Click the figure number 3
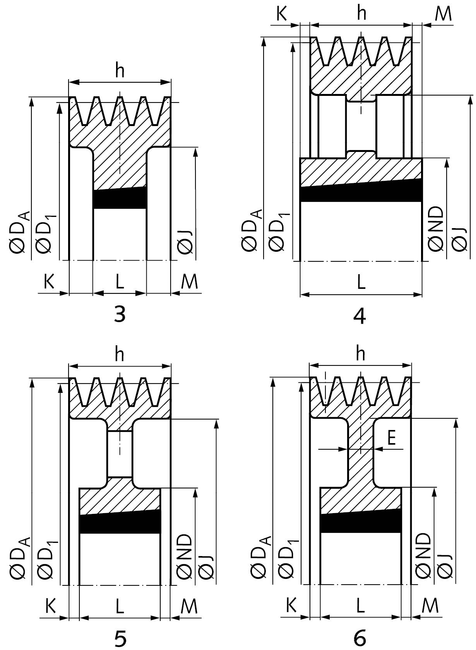[x=120, y=314]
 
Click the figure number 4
[x=360, y=316]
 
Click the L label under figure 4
[x=361, y=282]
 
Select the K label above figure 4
[x=281, y=14]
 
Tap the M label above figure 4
[x=443, y=14]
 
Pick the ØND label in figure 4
[x=436, y=229]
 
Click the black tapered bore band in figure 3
[x=120, y=198]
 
